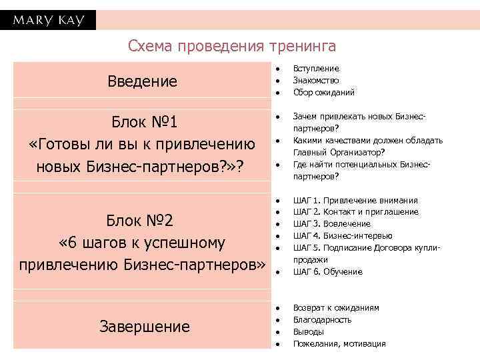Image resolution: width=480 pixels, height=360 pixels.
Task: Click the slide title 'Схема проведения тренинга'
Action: (232, 46)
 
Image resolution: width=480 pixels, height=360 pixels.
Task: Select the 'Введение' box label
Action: (143, 81)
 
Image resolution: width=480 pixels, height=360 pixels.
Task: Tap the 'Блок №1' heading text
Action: (143, 122)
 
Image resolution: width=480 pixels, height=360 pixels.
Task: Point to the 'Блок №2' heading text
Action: (143, 221)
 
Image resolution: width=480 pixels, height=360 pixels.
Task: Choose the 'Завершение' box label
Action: (144, 326)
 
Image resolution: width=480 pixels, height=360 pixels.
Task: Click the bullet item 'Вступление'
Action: (316, 69)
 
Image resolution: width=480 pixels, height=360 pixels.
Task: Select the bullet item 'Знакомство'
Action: (316, 81)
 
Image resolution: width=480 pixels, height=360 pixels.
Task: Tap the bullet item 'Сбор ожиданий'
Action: (324, 93)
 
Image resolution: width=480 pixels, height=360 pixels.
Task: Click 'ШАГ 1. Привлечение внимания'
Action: (355, 200)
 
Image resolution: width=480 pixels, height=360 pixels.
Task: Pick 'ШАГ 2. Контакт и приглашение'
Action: (356, 212)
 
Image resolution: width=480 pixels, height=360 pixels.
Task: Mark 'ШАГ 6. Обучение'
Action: (327, 272)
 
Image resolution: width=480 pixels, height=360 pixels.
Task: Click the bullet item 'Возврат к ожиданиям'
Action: (336, 308)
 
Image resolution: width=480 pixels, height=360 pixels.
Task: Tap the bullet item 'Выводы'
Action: (309, 332)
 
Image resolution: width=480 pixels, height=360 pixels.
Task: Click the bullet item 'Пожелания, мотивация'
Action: (339, 344)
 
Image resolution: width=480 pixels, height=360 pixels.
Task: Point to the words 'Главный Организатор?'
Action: (339, 152)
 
